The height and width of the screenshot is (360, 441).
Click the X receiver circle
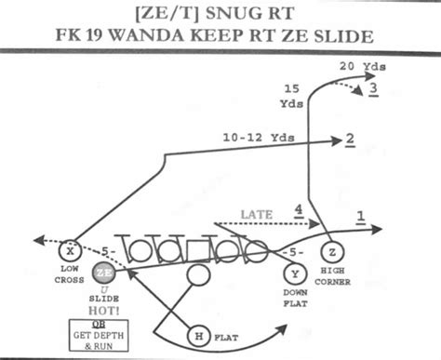pyautogui.click(x=68, y=251)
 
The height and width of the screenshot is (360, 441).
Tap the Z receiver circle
pyautogui.click(x=330, y=252)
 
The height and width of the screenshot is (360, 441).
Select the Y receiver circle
pyautogui.click(x=294, y=273)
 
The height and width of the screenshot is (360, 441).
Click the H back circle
pyautogui.click(x=197, y=336)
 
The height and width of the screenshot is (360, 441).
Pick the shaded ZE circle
pyautogui.click(x=104, y=273)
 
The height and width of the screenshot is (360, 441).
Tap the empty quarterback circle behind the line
pyautogui.click(x=197, y=274)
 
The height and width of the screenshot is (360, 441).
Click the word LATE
pyautogui.click(x=256, y=215)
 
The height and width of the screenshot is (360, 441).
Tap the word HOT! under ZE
pyautogui.click(x=103, y=312)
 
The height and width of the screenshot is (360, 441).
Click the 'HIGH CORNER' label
pyautogui.click(x=332, y=275)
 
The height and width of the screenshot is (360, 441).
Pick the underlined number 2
pyautogui.click(x=350, y=140)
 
